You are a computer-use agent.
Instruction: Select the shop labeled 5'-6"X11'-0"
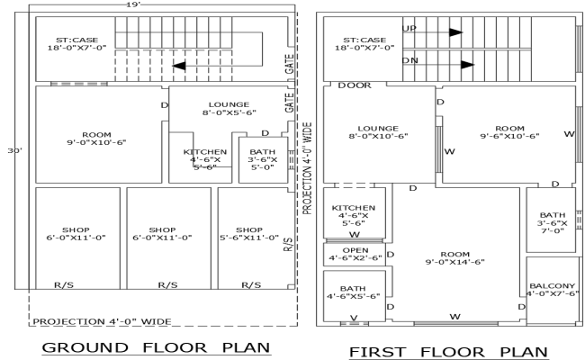coord(249,233)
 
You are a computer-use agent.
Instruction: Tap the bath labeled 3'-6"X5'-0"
coord(262,159)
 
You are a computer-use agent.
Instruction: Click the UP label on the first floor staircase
coord(409,29)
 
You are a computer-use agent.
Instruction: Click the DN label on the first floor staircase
coord(409,61)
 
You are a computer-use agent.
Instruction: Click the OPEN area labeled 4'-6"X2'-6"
coord(355,254)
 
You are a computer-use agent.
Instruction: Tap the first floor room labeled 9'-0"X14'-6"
coord(455,257)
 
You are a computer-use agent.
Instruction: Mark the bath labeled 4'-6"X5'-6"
coord(353,292)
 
